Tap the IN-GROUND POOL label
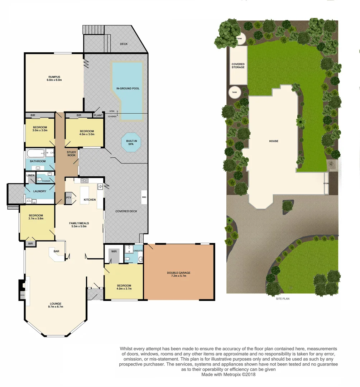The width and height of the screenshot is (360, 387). click(x=128, y=88)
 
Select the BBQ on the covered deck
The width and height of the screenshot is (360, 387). click(x=144, y=197)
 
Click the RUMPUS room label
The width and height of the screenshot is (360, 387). click(x=54, y=78)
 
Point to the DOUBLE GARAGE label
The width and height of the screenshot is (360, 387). click(x=178, y=274)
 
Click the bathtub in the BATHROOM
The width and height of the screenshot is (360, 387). click(x=35, y=154)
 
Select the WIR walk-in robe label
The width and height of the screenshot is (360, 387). click(x=114, y=252)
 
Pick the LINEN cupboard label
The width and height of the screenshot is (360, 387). click(x=30, y=175)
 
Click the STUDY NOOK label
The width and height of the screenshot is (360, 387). click(x=72, y=154)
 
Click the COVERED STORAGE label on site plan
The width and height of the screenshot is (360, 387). click(x=238, y=66)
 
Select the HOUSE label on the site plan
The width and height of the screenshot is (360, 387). click(x=274, y=141)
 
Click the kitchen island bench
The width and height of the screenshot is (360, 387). click(x=85, y=195)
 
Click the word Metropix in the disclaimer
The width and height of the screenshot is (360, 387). click(x=234, y=375)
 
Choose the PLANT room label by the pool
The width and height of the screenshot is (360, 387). click(x=98, y=115)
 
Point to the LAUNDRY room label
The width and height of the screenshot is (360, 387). click(x=40, y=191)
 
